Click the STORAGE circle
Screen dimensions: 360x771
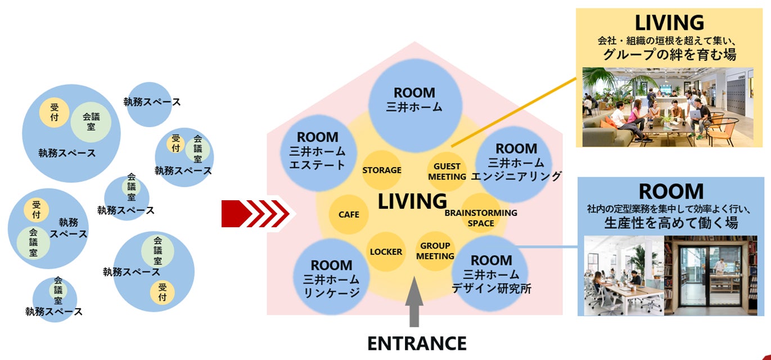(x=382, y=170)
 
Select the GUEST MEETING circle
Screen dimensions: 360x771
(x=447, y=171)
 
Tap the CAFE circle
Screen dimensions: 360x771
(x=349, y=214)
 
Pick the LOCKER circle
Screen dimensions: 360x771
(x=386, y=251)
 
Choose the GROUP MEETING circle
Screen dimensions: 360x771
(x=435, y=251)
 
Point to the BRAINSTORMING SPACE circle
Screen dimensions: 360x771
(x=481, y=218)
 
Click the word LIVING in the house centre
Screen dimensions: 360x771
(x=412, y=201)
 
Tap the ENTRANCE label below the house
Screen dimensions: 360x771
(x=417, y=343)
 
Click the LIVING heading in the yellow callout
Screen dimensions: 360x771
(x=669, y=22)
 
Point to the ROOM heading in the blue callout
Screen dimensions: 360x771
(x=671, y=191)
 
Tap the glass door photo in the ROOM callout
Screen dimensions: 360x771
(x=710, y=275)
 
